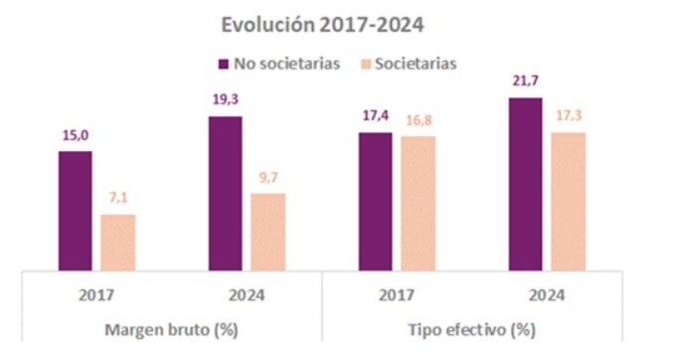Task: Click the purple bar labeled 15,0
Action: [75, 210]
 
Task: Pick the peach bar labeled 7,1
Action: [117, 242]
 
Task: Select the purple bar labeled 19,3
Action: [225, 193]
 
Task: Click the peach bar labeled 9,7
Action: [267, 231]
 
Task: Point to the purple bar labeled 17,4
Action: [375, 201]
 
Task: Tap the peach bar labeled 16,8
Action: [418, 203]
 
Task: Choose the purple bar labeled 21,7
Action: [525, 184]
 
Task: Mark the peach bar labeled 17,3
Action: [568, 201]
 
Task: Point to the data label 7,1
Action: [117, 199]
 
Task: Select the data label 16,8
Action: [418, 120]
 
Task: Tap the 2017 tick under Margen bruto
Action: [96, 295]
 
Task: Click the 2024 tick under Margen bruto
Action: [247, 295]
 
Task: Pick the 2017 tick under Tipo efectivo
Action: [397, 295]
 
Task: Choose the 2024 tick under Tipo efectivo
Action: [547, 295]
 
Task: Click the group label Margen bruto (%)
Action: [171, 328]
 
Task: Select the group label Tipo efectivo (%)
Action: [471, 328]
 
